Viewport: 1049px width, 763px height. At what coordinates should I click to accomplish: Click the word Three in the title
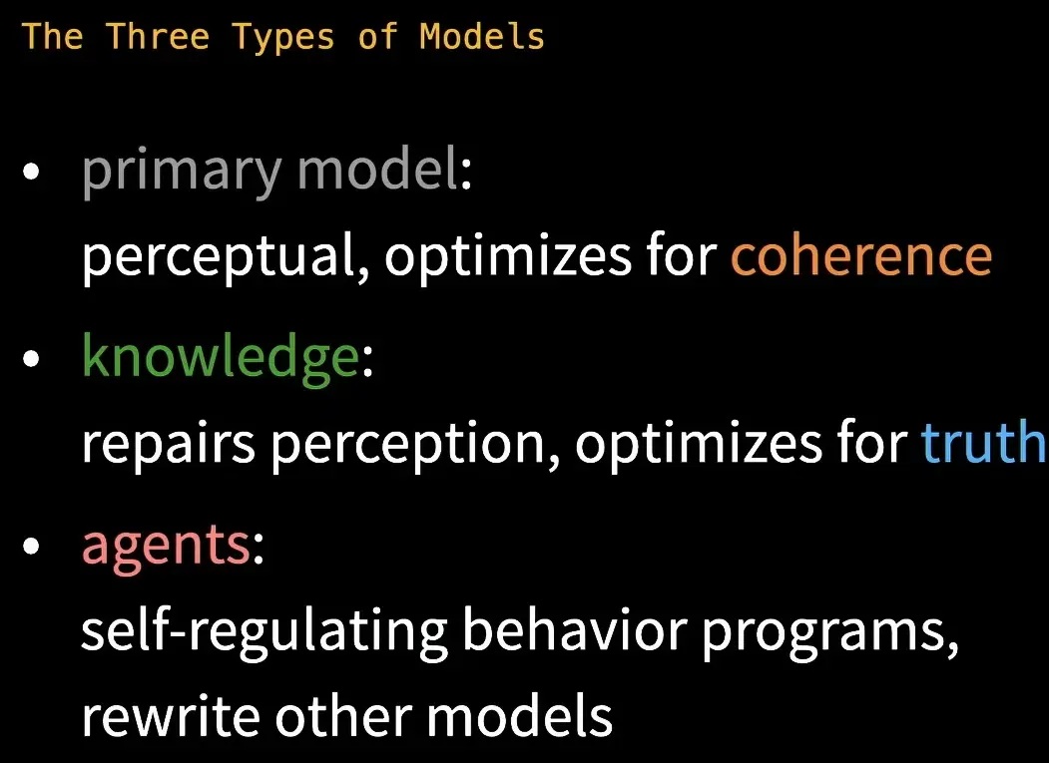pos(158,36)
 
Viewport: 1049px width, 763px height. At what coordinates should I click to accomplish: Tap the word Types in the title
pos(283,38)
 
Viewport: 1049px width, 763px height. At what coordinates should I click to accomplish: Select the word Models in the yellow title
pos(482,36)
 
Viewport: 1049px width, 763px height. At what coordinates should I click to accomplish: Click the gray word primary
pos(182,171)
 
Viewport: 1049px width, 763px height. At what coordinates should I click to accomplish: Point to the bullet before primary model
pos(31,172)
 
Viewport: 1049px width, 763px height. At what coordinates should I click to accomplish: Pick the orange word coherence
pos(861,256)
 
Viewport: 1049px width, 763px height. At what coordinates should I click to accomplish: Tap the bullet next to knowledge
pos(31,359)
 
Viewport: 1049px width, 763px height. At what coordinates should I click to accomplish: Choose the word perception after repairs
pos(415,444)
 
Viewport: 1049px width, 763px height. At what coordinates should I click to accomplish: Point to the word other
pos(342,715)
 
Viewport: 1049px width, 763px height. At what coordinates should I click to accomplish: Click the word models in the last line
pos(519,715)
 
